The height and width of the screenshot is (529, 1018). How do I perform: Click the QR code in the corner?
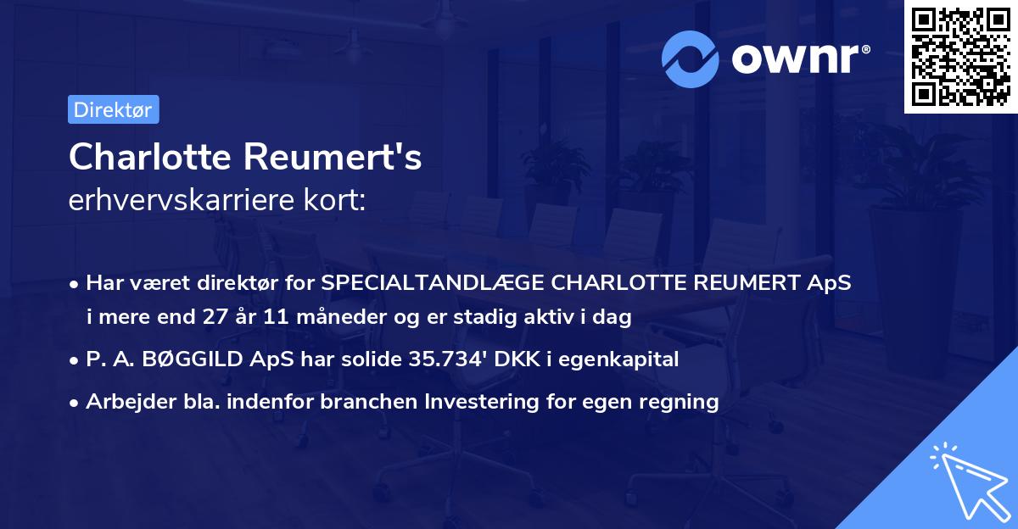[961, 57]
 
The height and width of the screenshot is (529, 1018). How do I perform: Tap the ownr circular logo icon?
[691, 58]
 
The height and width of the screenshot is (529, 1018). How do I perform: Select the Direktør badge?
[113, 109]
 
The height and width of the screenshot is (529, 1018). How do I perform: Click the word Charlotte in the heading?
[148, 157]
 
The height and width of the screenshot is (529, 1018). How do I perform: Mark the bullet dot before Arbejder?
[76, 403]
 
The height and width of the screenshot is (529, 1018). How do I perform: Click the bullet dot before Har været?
[76, 284]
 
